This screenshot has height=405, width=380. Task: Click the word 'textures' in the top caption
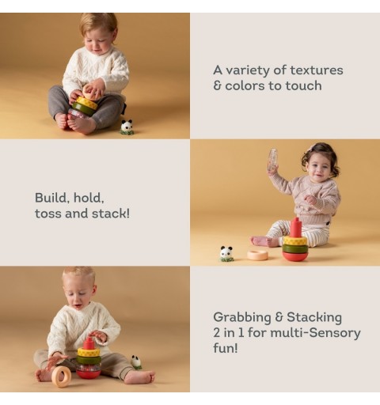pos(317,70)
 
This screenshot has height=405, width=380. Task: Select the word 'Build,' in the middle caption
pos(52,198)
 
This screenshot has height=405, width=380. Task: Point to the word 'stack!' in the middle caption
pos(111,214)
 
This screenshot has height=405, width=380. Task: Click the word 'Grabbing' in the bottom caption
pos(242,318)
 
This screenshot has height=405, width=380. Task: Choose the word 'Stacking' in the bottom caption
pos(314,317)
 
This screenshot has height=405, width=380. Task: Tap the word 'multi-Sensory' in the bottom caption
pos(316,333)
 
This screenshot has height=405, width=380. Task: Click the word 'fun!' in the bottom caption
pos(226,348)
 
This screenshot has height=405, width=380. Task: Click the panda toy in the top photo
pos(127,127)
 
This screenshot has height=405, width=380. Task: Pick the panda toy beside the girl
pos(226,254)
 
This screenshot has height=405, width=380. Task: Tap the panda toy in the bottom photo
pos(136,361)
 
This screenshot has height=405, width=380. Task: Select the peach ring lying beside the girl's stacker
pos(257,255)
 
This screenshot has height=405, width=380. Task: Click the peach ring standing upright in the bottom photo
pos(62,377)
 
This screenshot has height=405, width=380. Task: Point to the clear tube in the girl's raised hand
pos(273,160)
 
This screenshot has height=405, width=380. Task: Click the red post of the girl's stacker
pos(296,228)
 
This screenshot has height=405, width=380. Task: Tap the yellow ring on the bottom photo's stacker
pos(89,352)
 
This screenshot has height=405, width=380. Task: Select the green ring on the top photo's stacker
pos(84,108)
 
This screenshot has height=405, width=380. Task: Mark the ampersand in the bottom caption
pos(279,317)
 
